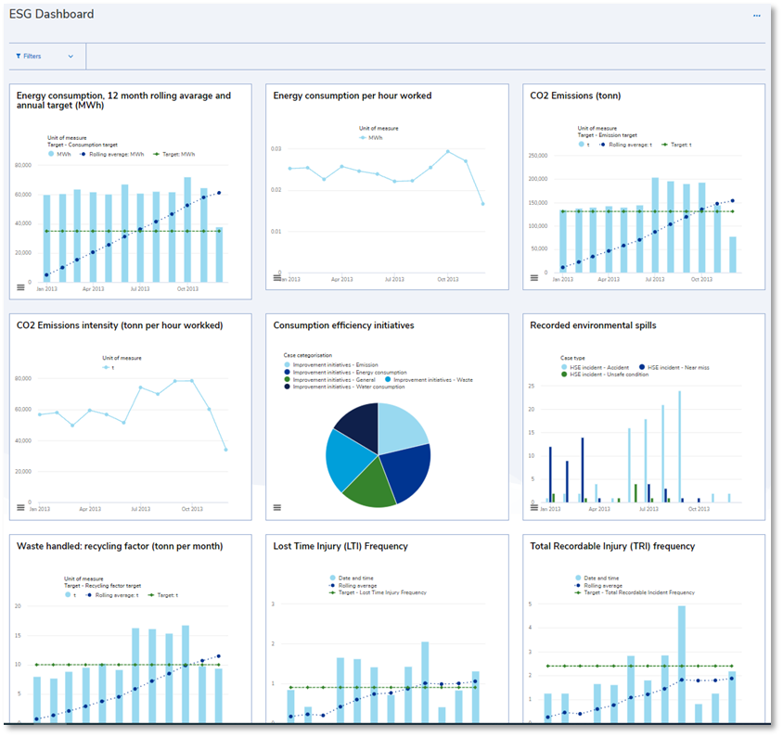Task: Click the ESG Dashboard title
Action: click(x=51, y=15)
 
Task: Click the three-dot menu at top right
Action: click(x=756, y=16)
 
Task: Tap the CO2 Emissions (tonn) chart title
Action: click(x=575, y=95)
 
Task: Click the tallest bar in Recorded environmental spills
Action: click(x=679, y=445)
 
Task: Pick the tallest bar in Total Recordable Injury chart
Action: click(x=681, y=663)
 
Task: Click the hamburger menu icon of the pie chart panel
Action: click(x=276, y=507)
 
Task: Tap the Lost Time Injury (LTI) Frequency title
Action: click(x=340, y=546)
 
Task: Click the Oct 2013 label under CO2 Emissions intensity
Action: click(x=191, y=509)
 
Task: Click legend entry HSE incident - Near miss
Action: click(x=676, y=368)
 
